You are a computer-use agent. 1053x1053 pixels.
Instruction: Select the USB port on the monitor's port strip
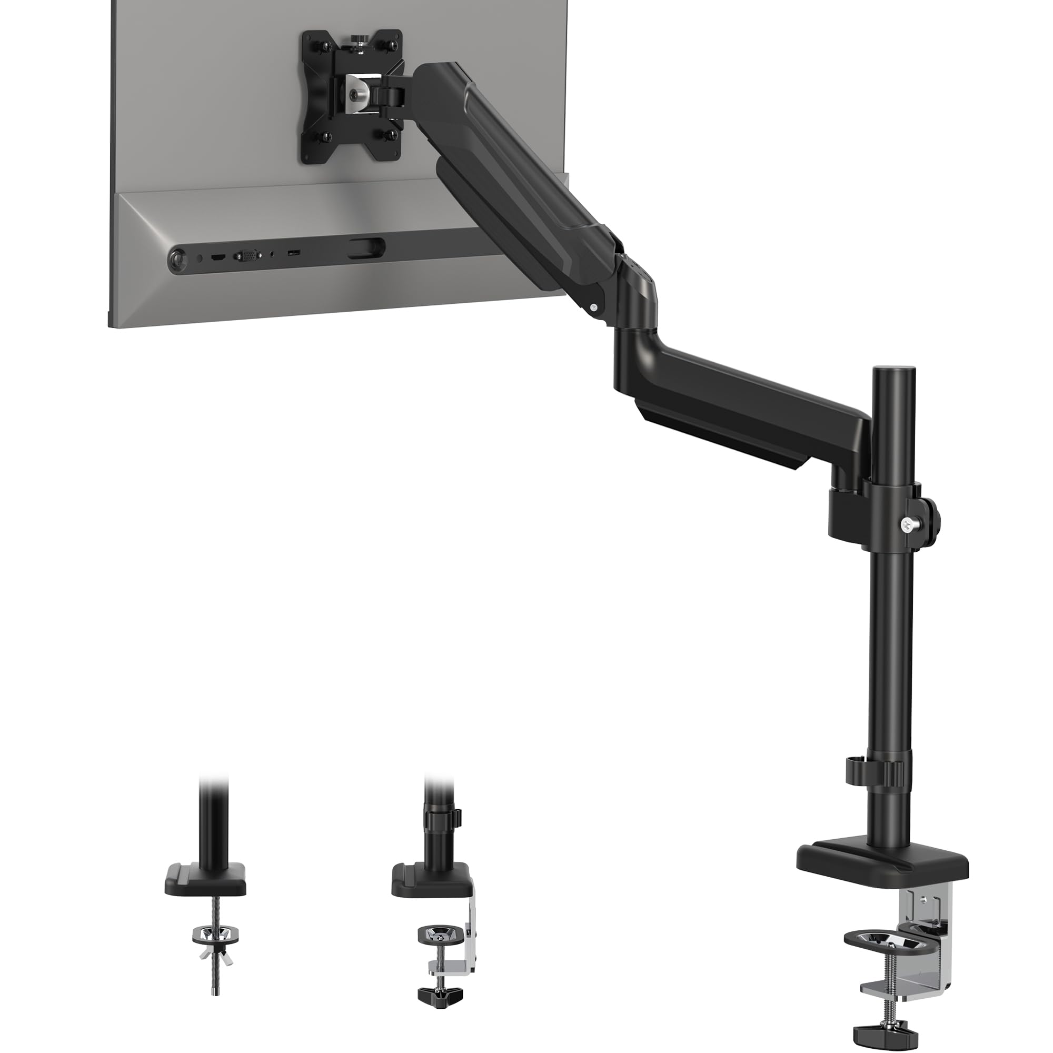293,253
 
